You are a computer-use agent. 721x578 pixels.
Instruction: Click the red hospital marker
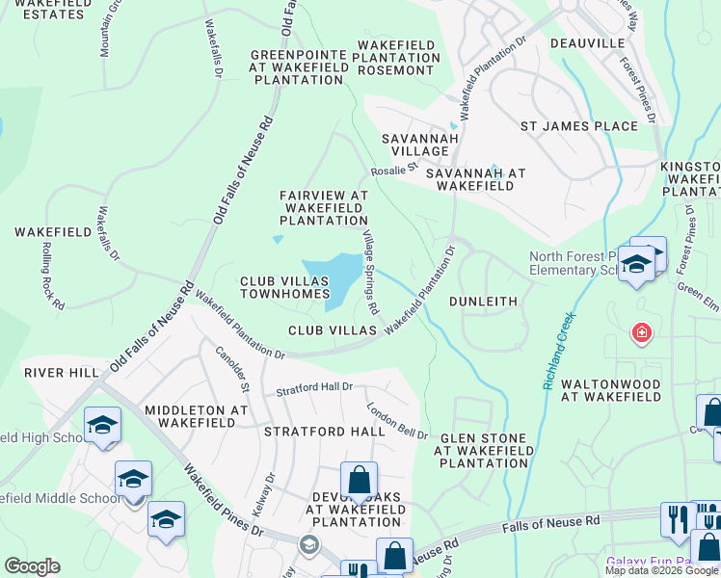click(x=640, y=334)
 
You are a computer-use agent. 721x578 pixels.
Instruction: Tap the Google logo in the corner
click(x=32, y=566)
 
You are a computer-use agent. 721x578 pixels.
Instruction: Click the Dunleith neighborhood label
click(x=484, y=302)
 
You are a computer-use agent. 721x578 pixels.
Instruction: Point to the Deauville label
click(x=588, y=43)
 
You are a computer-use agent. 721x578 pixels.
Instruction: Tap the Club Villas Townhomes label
click(x=284, y=286)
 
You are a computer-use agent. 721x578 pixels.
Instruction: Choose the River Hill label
click(x=62, y=373)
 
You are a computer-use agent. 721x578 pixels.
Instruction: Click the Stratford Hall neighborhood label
click(x=325, y=432)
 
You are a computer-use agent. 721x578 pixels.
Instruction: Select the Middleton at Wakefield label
click(x=196, y=417)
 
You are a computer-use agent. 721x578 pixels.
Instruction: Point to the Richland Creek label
click(x=559, y=351)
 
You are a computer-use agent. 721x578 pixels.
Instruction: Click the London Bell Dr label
click(x=397, y=421)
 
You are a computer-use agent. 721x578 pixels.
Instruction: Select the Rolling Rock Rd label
click(x=52, y=276)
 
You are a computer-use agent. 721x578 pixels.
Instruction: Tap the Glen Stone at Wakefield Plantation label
click(x=487, y=450)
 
